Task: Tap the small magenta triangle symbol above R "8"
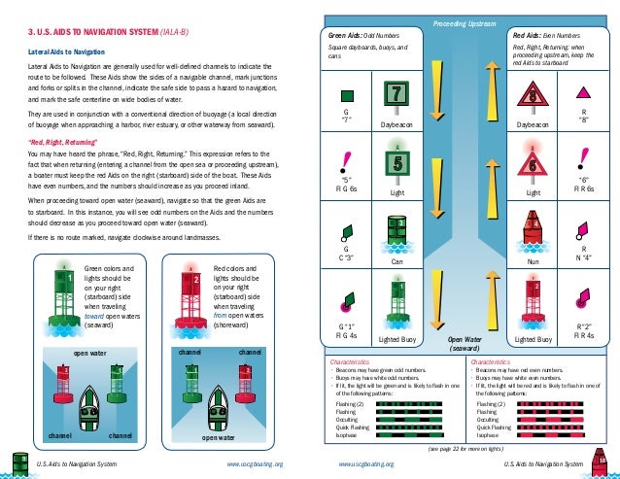[x=584, y=93]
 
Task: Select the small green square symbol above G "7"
[x=346, y=95]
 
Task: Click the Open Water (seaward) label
[x=464, y=344]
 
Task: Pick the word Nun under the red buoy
[x=533, y=261]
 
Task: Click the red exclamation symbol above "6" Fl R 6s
[x=583, y=157]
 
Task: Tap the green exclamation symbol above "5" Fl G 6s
[x=346, y=158]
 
